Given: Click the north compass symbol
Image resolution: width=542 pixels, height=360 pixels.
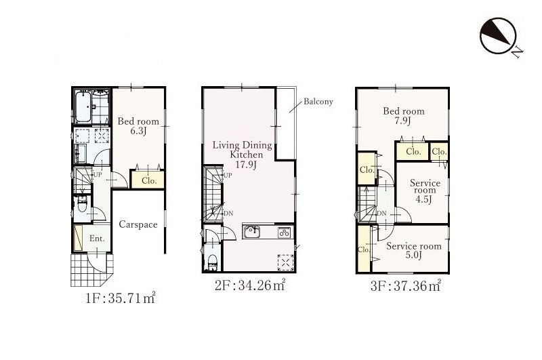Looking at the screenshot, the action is (x=498, y=36).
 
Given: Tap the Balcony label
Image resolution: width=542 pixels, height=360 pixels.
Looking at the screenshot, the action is (x=318, y=102).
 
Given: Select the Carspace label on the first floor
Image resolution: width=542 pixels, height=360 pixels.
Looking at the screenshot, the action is (x=138, y=225).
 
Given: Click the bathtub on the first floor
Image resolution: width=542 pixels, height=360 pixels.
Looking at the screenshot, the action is (x=83, y=107).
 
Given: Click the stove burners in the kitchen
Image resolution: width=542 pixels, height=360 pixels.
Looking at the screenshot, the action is (x=285, y=233).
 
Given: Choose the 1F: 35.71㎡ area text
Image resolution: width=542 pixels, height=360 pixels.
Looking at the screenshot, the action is (x=121, y=298).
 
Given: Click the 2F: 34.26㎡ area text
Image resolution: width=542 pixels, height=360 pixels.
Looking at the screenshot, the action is (x=250, y=285).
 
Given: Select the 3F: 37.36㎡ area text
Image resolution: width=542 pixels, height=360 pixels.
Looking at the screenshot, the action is (x=405, y=286).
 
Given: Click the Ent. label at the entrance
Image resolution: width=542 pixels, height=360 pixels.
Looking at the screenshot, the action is (x=97, y=239).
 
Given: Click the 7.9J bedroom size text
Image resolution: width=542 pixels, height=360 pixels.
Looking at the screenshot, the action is (x=403, y=121).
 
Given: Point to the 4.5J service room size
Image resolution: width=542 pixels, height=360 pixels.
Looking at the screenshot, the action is (x=424, y=199).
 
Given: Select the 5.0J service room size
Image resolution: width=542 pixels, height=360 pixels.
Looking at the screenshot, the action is (x=413, y=256).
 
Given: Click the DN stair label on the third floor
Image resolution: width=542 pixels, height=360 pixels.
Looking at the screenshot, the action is (x=381, y=214).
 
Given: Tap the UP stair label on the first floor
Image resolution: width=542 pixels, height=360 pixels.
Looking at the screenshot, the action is (x=98, y=175).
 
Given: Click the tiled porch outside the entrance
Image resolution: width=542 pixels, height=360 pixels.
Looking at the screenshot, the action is (x=91, y=271).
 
